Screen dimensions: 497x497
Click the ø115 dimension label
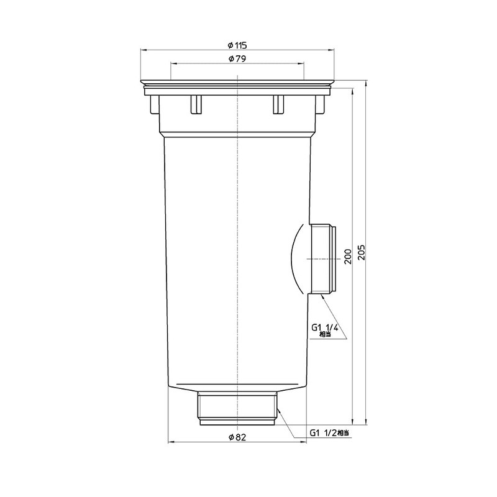238,45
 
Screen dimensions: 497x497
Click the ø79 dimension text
238,59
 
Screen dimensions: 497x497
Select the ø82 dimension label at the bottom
238,437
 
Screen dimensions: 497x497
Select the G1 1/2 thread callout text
324,433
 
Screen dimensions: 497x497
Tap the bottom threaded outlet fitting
238,407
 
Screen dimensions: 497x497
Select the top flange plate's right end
333,82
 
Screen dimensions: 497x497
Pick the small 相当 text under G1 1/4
324,334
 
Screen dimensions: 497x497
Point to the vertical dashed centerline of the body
238,248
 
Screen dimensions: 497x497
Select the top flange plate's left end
143,82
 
